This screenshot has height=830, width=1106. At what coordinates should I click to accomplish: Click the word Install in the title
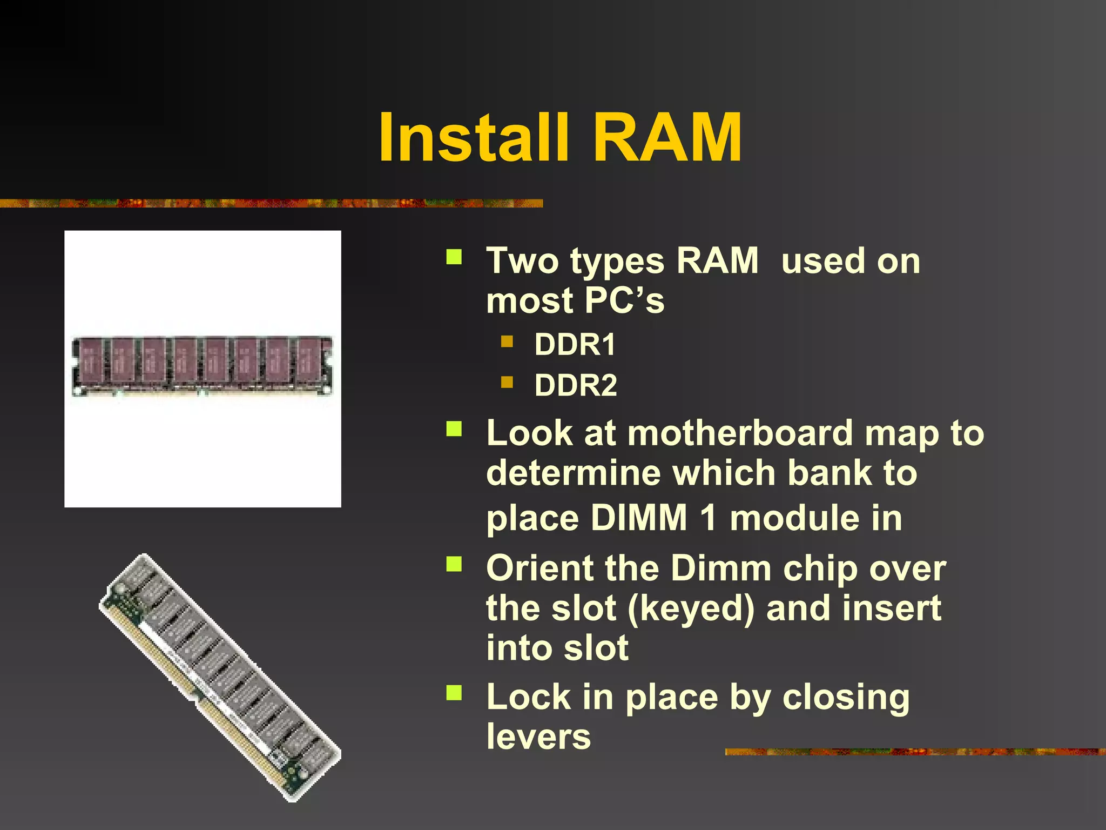pyautogui.click(x=474, y=138)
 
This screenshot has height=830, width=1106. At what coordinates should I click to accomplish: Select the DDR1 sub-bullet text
pyautogui.click(x=575, y=345)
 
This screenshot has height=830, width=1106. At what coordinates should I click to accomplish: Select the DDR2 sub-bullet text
pyautogui.click(x=576, y=386)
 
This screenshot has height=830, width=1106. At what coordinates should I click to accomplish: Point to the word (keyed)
pyautogui.click(x=691, y=609)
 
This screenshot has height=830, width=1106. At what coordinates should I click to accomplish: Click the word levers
pyautogui.click(x=538, y=737)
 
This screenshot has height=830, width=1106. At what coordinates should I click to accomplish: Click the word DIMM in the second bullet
pyautogui.click(x=638, y=518)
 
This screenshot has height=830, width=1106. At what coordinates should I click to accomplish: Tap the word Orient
pyautogui.click(x=539, y=568)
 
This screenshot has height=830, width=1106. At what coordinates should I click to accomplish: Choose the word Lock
pyautogui.click(x=528, y=697)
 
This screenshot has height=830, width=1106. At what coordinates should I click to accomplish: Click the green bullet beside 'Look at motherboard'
pyautogui.click(x=454, y=429)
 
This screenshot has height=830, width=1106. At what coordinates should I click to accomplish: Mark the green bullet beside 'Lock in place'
pyautogui.click(x=454, y=693)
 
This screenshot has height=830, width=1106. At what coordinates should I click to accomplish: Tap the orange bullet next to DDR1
pyautogui.click(x=507, y=341)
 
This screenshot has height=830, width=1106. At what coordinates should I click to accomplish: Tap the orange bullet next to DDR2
pyautogui.click(x=507, y=383)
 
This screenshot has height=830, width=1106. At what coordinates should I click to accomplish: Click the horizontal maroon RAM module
pyautogui.click(x=203, y=366)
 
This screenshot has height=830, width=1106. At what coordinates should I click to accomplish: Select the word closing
pyautogui.click(x=846, y=697)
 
